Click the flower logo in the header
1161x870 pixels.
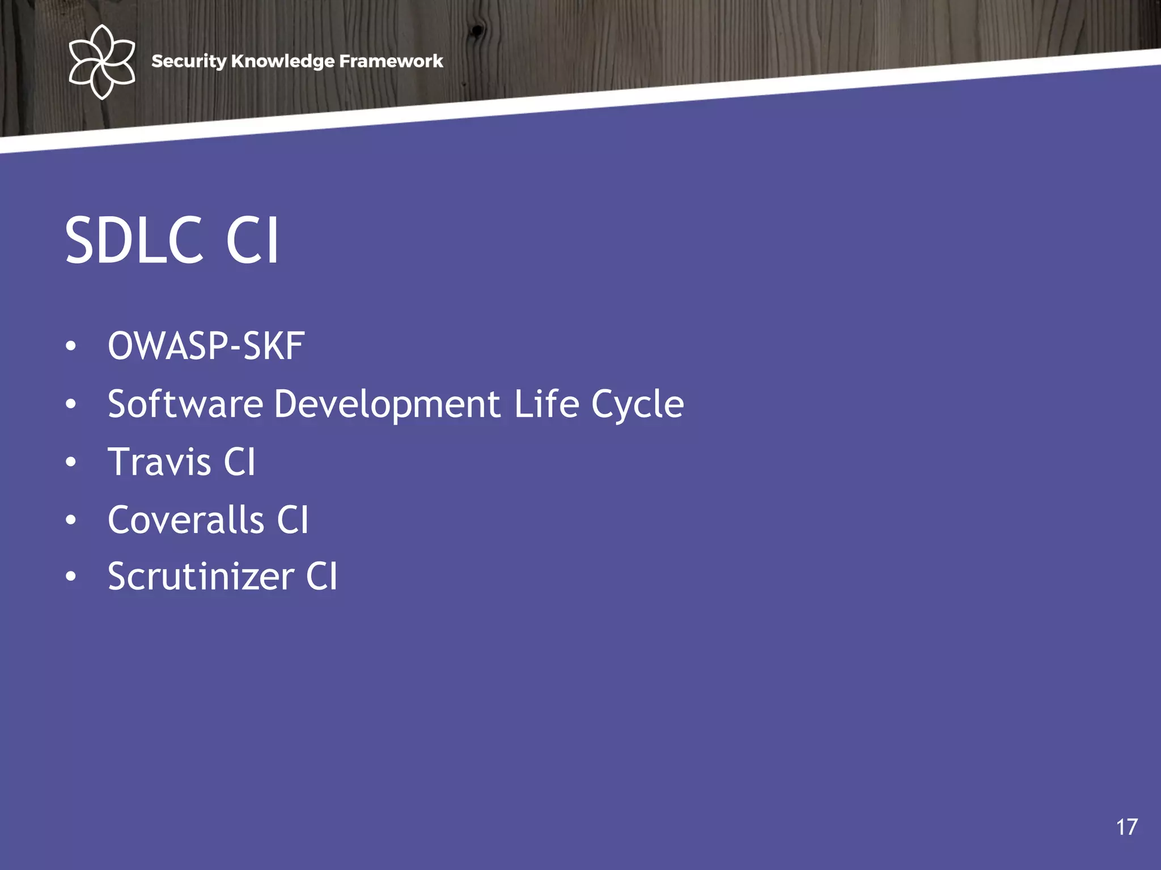pyautogui.click(x=101, y=61)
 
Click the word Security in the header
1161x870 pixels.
pyautogui.click(x=189, y=61)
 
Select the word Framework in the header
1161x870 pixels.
pyautogui.click(x=391, y=61)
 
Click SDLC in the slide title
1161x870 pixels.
pyautogui.click(x=134, y=240)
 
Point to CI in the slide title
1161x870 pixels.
pyautogui.click(x=252, y=240)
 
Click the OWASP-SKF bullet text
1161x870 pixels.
pyautogui.click(x=206, y=346)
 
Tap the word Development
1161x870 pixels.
pyautogui.click(x=387, y=404)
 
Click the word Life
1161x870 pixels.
pyautogui.click(x=546, y=404)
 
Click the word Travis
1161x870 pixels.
pyautogui.click(x=160, y=462)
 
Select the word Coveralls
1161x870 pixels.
pyautogui.click(x=186, y=519)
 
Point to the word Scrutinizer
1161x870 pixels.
pyautogui.click(x=201, y=577)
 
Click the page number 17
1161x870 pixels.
pyautogui.click(x=1127, y=828)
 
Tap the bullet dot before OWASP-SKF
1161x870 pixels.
pyautogui.click(x=70, y=346)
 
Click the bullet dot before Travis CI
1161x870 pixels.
pyautogui.click(x=70, y=462)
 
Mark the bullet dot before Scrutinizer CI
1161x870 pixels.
pyautogui.click(x=70, y=577)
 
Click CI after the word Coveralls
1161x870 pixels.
pyautogui.click(x=293, y=519)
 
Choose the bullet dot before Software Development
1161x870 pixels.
pyautogui.click(x=70, y=404)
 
